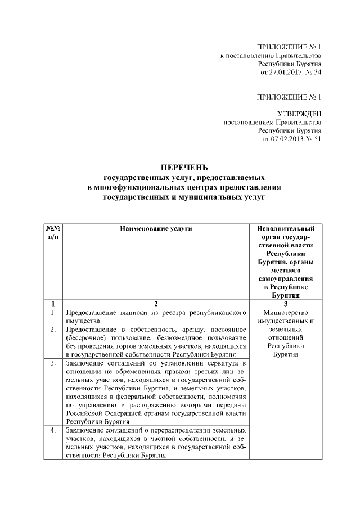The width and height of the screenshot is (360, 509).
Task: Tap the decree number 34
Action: tap(317, 73)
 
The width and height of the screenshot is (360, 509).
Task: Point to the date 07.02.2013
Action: tap(285, 139)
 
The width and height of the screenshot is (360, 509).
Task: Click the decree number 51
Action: tap(317, 139)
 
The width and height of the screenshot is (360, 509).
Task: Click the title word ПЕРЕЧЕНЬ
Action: tap(184, 168)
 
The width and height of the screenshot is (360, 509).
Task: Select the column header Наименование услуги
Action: tap(156, 229)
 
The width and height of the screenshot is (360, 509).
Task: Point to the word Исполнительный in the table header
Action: tap(286, 229)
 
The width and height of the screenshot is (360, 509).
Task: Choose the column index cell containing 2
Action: tap(156, 304)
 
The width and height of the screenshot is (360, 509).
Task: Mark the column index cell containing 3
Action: tap(286, 304)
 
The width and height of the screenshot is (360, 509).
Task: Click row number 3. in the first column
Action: tap(52, 363)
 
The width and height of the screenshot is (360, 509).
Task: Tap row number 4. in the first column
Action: tap(52, 430)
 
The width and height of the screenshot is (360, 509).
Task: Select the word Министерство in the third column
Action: tap(286, 312)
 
